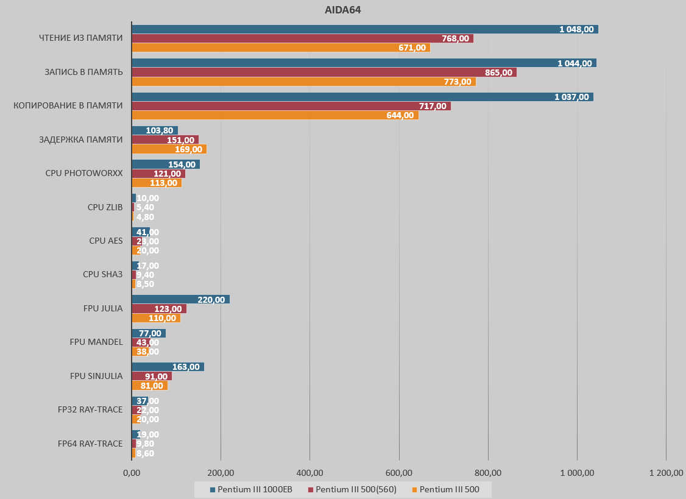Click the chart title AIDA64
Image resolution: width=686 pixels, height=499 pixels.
343,10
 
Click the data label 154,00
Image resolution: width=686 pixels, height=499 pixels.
182,165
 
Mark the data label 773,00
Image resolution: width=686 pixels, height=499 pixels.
458,82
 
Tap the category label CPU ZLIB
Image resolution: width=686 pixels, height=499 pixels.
105,207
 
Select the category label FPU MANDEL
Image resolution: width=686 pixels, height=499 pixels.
96,342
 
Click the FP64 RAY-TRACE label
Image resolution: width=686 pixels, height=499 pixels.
90,443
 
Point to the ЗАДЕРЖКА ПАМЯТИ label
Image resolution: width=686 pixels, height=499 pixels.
81,140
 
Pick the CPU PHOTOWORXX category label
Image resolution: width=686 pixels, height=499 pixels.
84,173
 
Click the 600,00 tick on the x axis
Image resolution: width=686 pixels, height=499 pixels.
399,473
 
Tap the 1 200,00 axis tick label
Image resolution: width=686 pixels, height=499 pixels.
666,473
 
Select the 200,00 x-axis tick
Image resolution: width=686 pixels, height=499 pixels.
221,473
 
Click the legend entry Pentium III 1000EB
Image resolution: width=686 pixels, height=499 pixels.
251,489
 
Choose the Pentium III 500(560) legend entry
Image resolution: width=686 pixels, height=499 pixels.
352,489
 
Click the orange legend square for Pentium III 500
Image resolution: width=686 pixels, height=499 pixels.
415,489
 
